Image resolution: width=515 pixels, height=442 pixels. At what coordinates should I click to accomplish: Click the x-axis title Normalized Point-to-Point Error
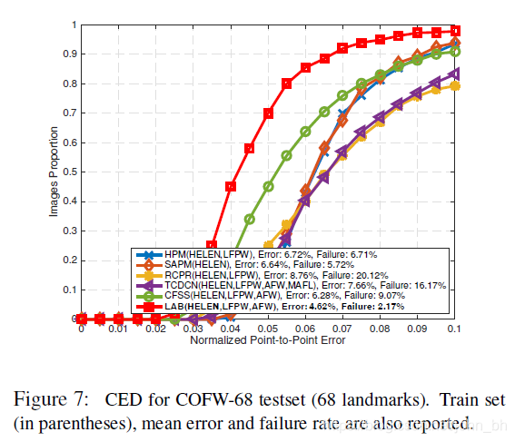point(268,340)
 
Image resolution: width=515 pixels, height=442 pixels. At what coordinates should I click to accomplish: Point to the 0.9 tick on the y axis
point(70,54)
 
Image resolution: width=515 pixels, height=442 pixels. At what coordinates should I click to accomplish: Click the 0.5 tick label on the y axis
point(70,172)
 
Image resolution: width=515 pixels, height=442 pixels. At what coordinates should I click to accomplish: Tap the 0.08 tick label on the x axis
point(380,329)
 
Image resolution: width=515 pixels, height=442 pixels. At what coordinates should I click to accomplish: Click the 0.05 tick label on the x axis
point(268,329)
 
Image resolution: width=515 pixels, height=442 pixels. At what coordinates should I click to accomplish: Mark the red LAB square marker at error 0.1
point(455,30)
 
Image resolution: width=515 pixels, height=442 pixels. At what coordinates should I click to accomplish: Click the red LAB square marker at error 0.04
point(231,186)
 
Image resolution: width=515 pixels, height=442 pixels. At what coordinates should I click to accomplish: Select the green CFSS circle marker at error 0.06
point(305,132)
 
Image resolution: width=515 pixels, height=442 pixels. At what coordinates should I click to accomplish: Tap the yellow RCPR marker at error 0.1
point(455,85)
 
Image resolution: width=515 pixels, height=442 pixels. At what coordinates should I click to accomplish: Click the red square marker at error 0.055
point(287,83)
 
